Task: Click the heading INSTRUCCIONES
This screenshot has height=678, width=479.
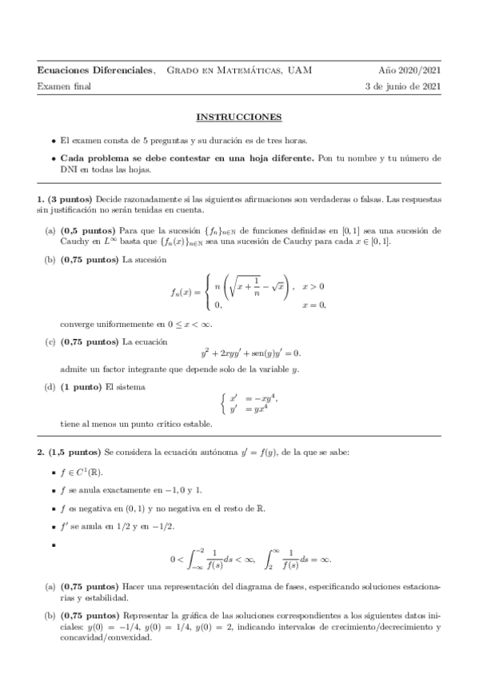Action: click(239, 117)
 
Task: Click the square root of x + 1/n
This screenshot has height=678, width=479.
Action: click(254, 285)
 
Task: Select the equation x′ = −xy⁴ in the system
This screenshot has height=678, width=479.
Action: click(253, 398)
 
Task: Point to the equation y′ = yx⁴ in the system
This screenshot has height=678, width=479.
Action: click(251, 409)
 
